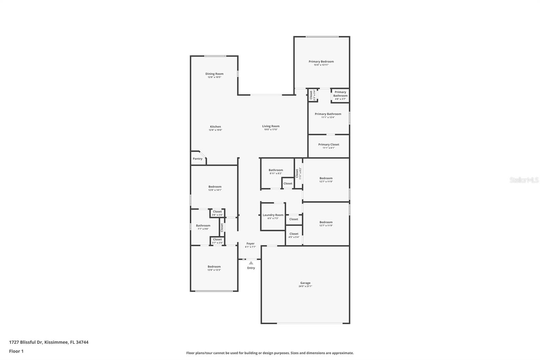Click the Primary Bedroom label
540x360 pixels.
[x=321, y=61]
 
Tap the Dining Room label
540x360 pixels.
[x=214, y=74]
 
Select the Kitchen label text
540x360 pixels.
[x=215, y=127]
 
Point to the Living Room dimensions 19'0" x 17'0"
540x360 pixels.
[x=271, y=130]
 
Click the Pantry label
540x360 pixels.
[x=197, y=159]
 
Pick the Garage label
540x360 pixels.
[x=305, y=283]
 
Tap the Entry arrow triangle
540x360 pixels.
[x=251, y=263]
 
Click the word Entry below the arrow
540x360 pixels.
[x=251, y=268]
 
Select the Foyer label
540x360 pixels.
[x=250, y=243]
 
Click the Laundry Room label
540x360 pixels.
[x=273, y=215]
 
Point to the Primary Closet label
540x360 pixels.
[x=328, y=145]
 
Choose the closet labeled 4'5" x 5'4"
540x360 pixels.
[x=294, y=235]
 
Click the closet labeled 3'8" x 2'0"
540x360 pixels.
[x=217, y=213]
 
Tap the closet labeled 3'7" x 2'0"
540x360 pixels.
[x=217, y=241]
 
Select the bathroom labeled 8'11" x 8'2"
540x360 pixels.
[x=276, y=172]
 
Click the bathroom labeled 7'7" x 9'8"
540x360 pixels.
[x=203, y=227]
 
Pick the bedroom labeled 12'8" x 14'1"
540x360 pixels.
[x=215, y=188]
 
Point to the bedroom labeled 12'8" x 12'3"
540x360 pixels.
[x=214, y=268]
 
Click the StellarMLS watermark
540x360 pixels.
[x=524, y=180]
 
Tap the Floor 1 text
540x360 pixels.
[x=16, y=351]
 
